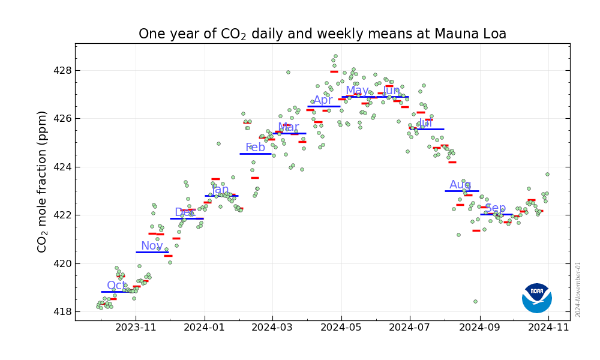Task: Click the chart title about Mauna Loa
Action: tap(322, 34)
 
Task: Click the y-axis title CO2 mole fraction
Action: tap(42, 181)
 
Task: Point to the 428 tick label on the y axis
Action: tap(63, 70)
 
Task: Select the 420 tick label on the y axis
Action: tap(63, 263)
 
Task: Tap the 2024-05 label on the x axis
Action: tap(341, 328)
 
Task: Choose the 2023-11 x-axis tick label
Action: tap(136, 328)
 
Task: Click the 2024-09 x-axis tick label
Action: tap(479, 328)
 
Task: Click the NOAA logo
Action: tap(536, 298)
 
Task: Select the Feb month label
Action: tap(255, 148)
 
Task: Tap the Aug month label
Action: tap(460, 185)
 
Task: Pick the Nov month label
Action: tap(152, 246)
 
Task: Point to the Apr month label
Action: tap(323, 100)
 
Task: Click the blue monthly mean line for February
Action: tap(256, 154)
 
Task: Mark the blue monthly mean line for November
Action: tap(152, 252)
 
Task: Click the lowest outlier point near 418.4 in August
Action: tap(475, 301)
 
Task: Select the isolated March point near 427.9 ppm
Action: tap(288, 72)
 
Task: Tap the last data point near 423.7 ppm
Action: tap(547, 174)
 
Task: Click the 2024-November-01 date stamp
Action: tap(578, 289)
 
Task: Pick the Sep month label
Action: tap(496, 208)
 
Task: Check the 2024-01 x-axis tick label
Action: tap(204, 328)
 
